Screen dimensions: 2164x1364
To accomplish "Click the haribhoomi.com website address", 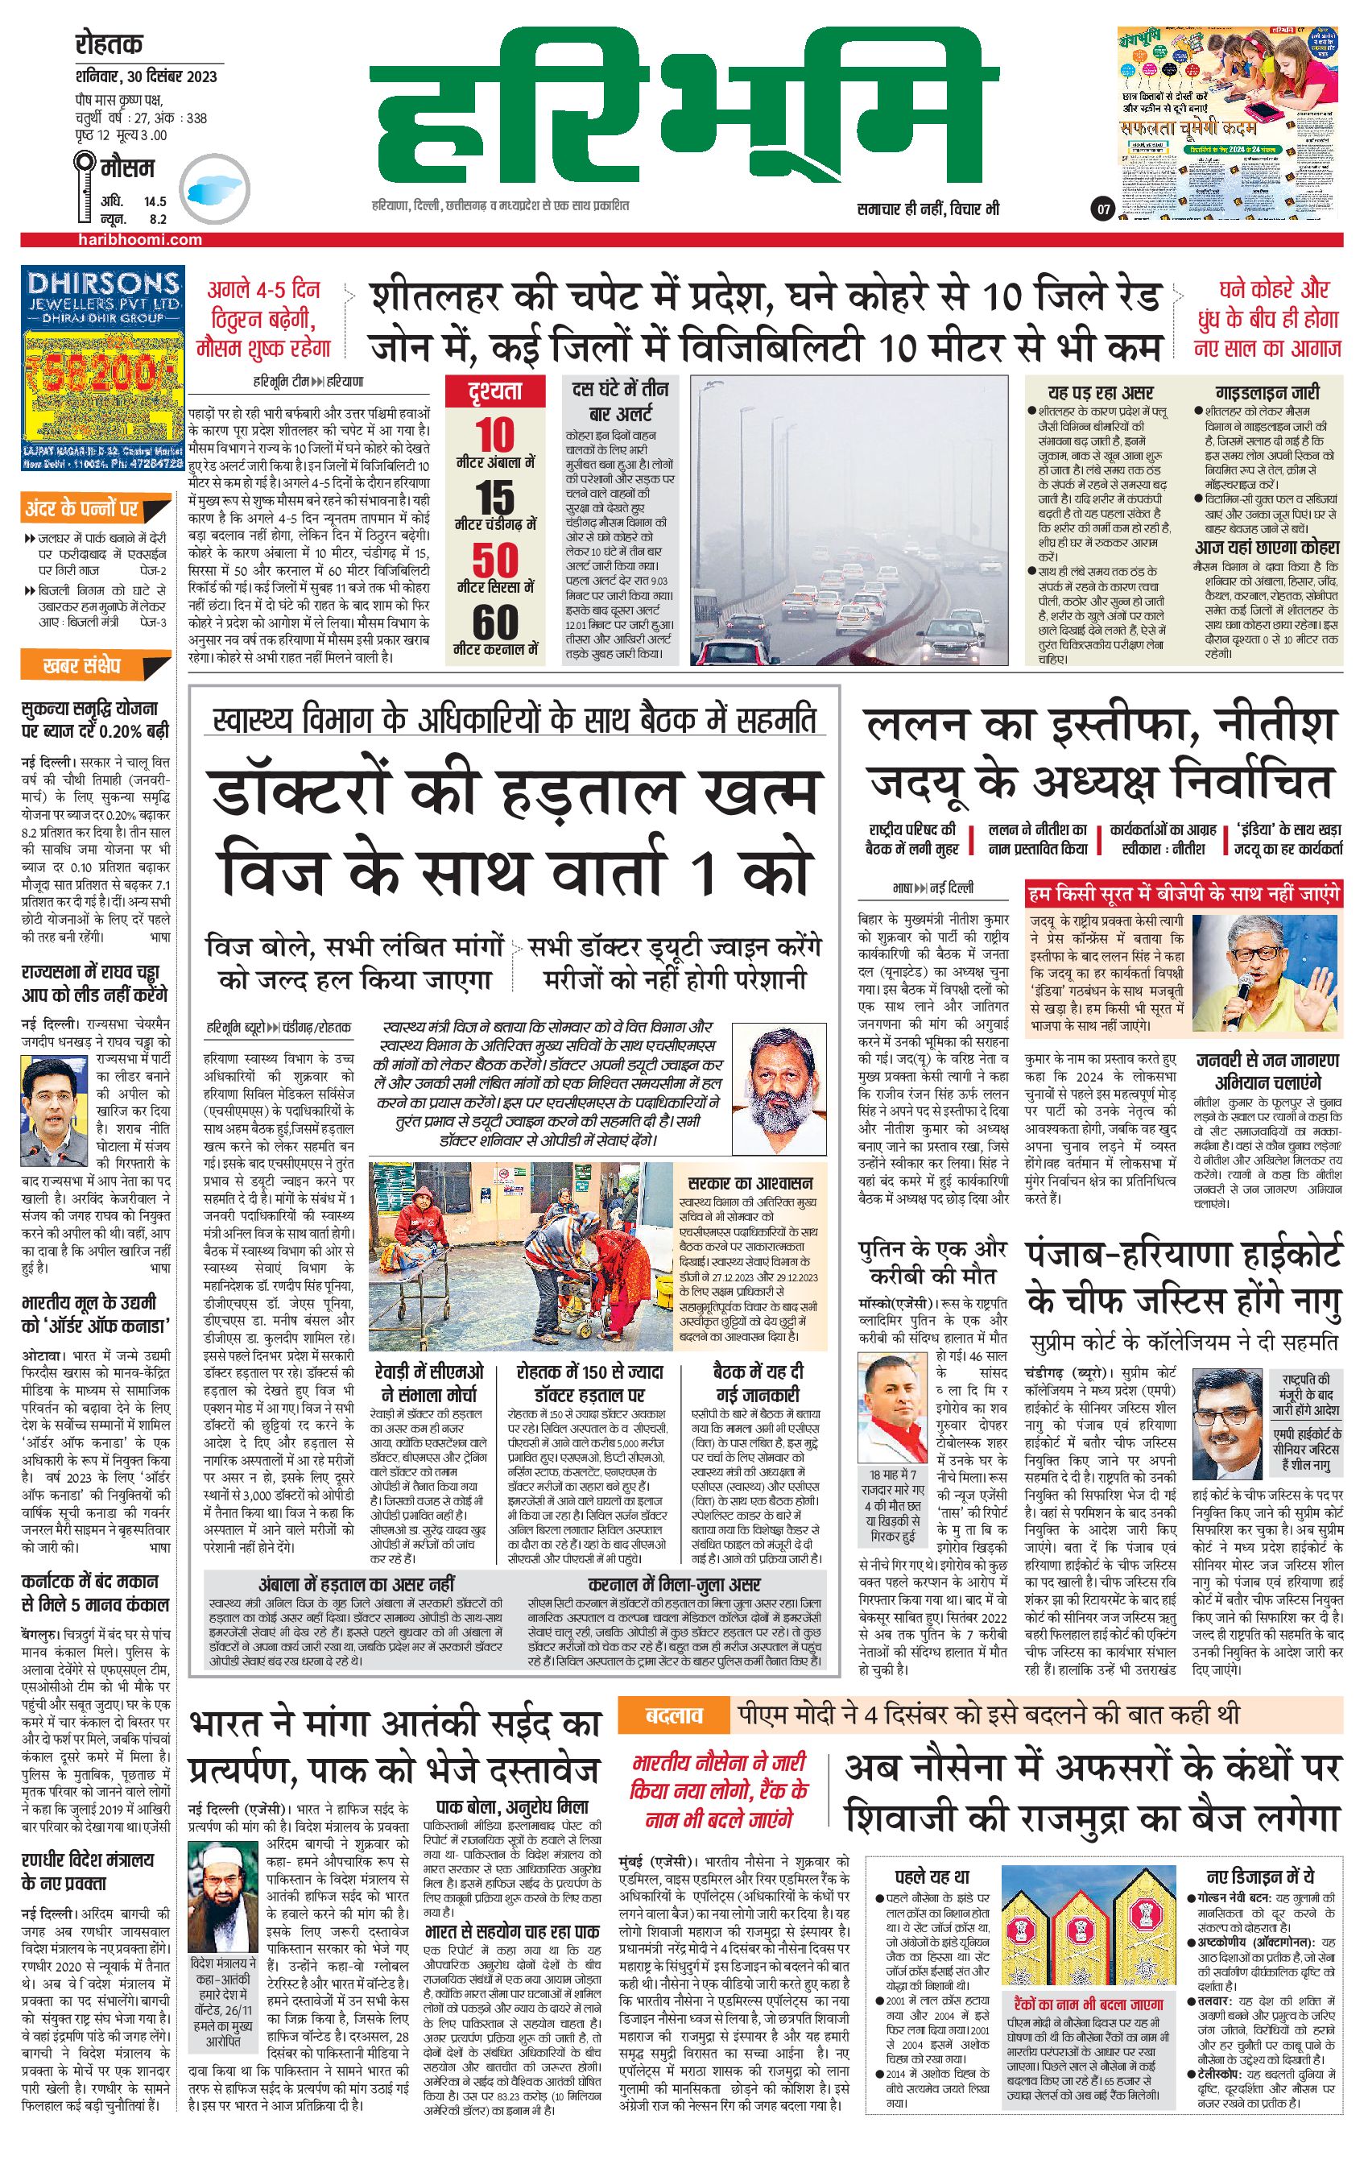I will [139, 240].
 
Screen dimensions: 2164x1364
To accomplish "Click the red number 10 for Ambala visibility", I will [495, 435].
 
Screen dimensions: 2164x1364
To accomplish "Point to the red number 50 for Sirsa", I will [495, 561].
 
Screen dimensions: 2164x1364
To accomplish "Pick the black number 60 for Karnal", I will [495, 622].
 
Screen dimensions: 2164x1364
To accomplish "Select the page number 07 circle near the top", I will [1102, 210].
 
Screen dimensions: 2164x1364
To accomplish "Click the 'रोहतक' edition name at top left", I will [110, 44].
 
